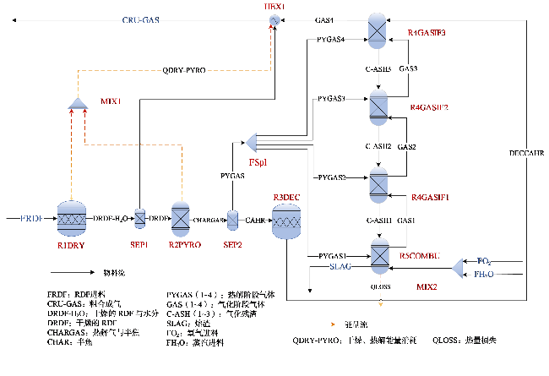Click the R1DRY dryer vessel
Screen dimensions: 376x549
coord(72,219)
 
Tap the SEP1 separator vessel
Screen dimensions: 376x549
coord(140,218)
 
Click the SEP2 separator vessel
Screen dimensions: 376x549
coord(232,219)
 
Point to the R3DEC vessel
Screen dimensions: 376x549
coord(287,222)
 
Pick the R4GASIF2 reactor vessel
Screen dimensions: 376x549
coord(378,106)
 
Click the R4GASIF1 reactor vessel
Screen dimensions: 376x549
coord(378,183)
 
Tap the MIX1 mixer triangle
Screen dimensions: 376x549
coord(78,103)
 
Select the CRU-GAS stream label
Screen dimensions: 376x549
coord(141,19)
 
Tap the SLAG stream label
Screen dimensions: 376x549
coord(340,267)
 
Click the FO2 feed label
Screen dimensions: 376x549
coord(484,261)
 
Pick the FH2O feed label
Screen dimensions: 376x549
coord(484,275)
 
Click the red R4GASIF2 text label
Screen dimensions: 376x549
coord(428,108)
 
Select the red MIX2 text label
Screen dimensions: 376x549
coord(427,287)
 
